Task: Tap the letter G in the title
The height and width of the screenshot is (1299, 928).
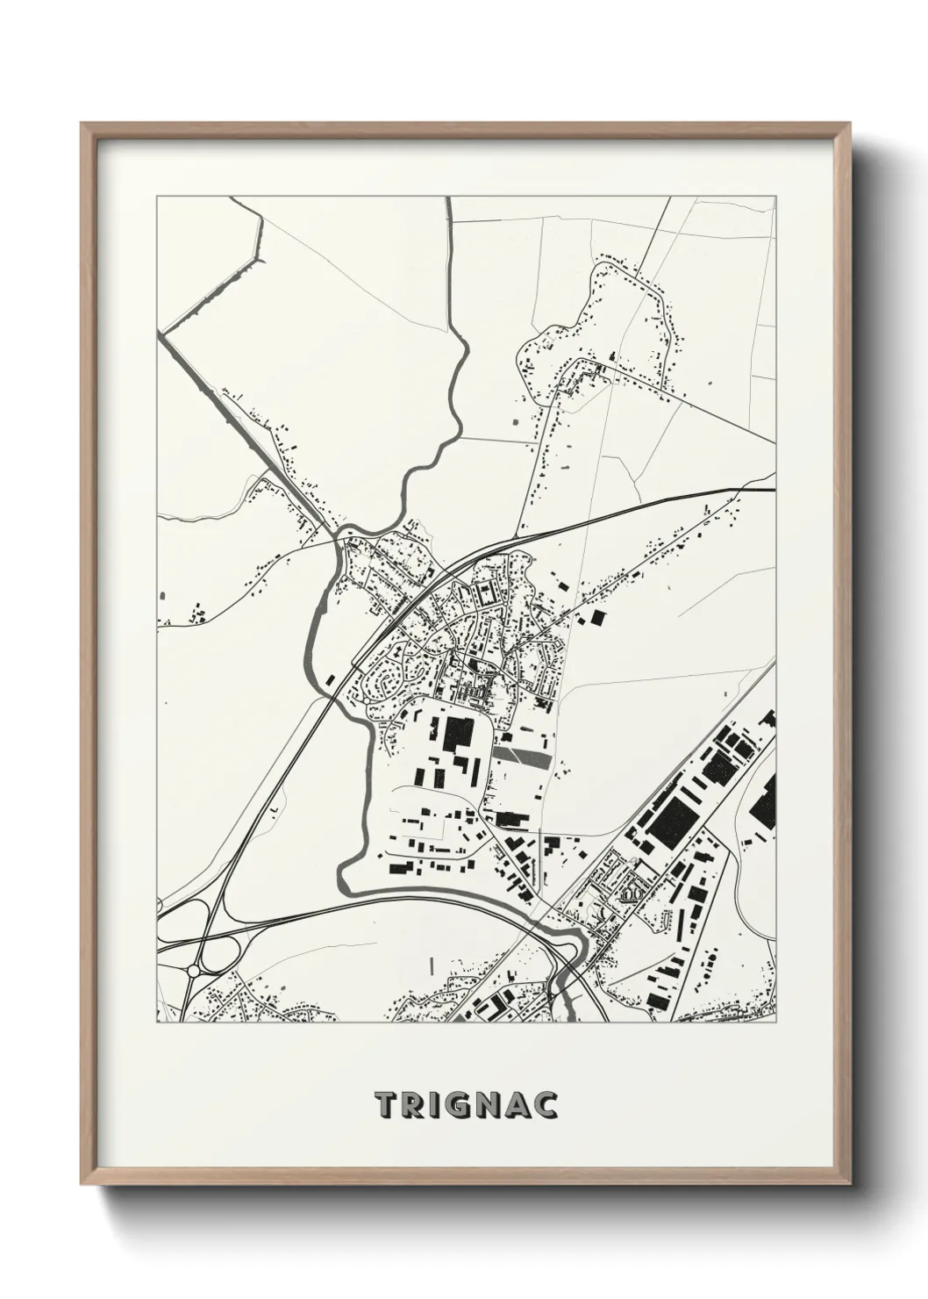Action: (465, 1106)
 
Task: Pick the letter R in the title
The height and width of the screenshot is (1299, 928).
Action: (412, 1106)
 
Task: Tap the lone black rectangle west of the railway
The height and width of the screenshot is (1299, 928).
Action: (330, 678)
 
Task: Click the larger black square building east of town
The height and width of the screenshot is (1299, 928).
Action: (597, 618)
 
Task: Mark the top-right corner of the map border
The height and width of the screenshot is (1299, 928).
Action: (775, 197)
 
